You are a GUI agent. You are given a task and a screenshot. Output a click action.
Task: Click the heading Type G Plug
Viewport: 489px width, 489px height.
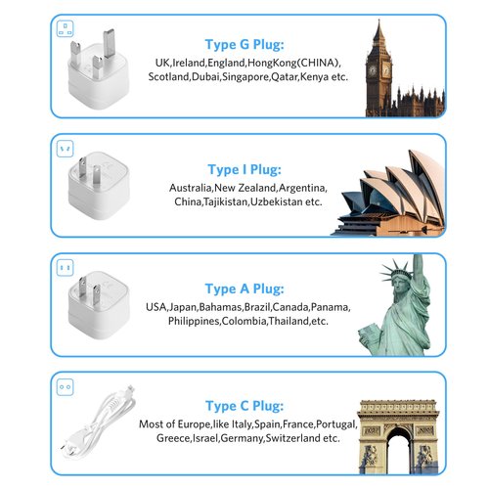tap(244, 45)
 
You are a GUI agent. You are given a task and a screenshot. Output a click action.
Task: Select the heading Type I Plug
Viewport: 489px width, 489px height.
tap(244, 169)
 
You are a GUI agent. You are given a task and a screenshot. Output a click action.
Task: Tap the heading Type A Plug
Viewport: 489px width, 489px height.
tap(244, 289)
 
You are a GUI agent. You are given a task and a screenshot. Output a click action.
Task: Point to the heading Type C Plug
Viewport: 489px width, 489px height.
tap(244, 406)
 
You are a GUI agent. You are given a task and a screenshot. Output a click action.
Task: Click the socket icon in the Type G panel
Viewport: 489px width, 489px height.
tap(66, 28)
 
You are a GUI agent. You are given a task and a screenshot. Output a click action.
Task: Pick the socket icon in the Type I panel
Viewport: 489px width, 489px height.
tap(65, 149)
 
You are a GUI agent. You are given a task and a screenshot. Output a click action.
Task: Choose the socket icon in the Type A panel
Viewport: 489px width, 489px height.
tap(65, 268)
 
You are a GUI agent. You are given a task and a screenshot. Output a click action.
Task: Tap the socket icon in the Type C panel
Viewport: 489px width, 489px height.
tap(65, 387)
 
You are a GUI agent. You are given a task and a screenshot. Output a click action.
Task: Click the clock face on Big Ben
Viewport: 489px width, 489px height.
tap(373, 70)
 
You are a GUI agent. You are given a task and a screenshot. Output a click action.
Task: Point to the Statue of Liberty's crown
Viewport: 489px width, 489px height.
tap(397, 270)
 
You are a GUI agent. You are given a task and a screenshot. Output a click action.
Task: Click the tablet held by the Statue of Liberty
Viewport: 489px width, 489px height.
tap(368, 333)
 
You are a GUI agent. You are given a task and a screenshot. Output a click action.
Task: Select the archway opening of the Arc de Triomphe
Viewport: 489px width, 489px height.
tap(399, 451)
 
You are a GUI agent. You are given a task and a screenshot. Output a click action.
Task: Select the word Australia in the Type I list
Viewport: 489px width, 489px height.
tap(191, 188)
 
